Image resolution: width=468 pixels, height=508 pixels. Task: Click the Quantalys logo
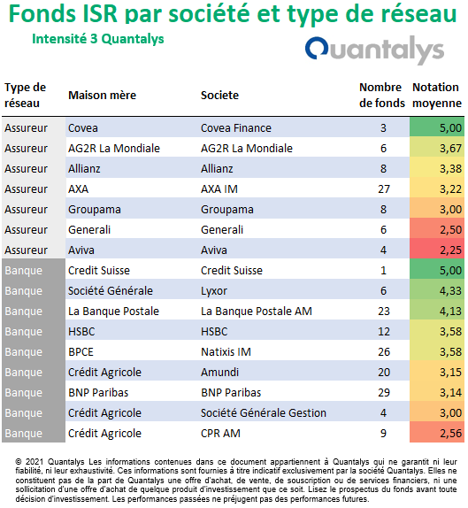(x=374, y=50)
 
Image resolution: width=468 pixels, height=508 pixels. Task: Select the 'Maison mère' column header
(x=102, y=96)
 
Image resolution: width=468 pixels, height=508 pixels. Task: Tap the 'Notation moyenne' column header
(x=436, y=96)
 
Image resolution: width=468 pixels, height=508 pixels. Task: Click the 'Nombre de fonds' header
(x=382, y=96)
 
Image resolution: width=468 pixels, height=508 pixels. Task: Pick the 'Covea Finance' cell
(x=236, y=128)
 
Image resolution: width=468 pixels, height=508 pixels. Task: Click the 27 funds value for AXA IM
(x=384, y=189)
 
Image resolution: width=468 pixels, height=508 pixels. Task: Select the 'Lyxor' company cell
(x=214, y=291)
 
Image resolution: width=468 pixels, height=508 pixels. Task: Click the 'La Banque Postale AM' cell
(x=257, y=311)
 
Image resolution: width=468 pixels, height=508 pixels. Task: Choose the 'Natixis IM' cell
(x=226, y=352)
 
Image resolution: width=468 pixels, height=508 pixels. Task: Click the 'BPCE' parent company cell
(x=81, y=352)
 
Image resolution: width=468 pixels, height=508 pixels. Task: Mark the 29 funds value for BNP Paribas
(x=384, y=393)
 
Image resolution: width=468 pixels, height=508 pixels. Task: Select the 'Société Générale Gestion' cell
(x=264, y=413)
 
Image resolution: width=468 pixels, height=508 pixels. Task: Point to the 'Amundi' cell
(x=219, y=373)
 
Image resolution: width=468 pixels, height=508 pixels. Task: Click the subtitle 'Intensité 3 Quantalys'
(x=98, y=39)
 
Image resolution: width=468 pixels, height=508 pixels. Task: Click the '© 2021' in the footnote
(x=29, y=461)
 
